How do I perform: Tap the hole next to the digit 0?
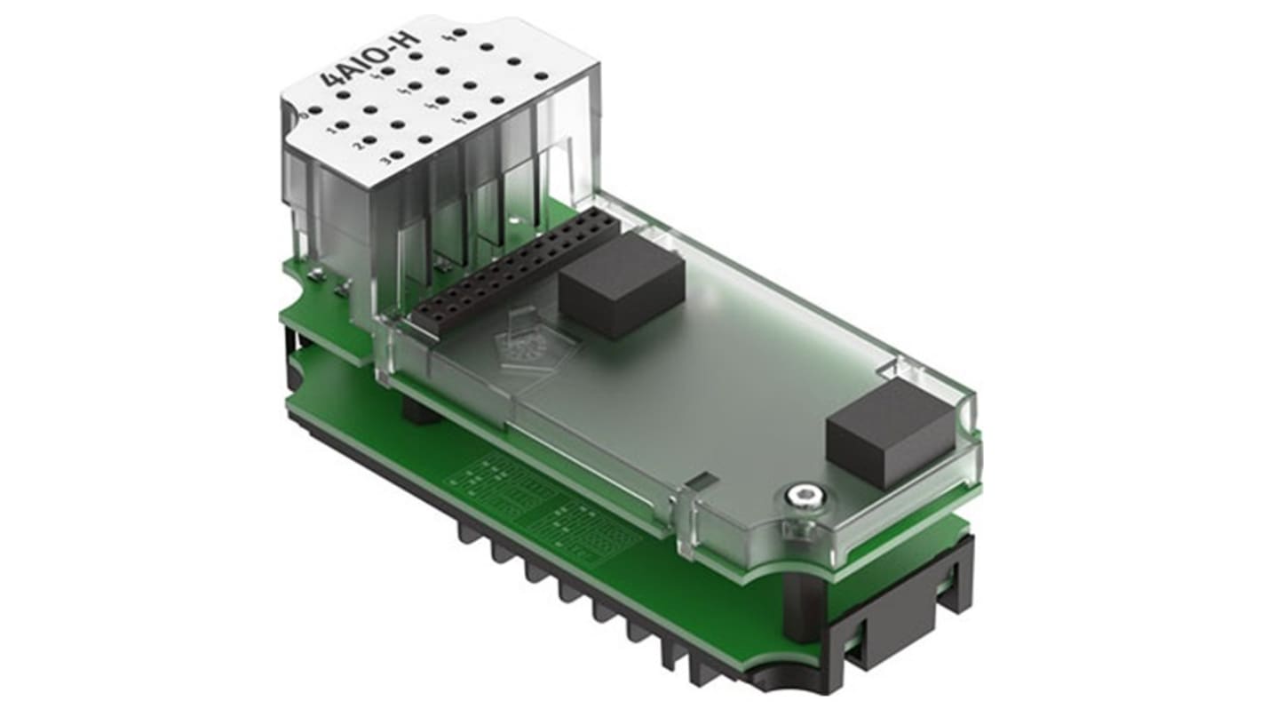(x=316, y=109)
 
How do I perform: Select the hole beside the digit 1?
(x=343, y=126)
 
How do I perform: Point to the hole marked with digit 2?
(x=369, y=140)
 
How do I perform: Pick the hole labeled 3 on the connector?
(x=397, y=156)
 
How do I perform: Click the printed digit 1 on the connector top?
(x=331, y=131)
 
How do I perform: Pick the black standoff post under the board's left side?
(x=416, y=410)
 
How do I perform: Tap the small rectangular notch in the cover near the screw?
(x=699, y=482)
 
